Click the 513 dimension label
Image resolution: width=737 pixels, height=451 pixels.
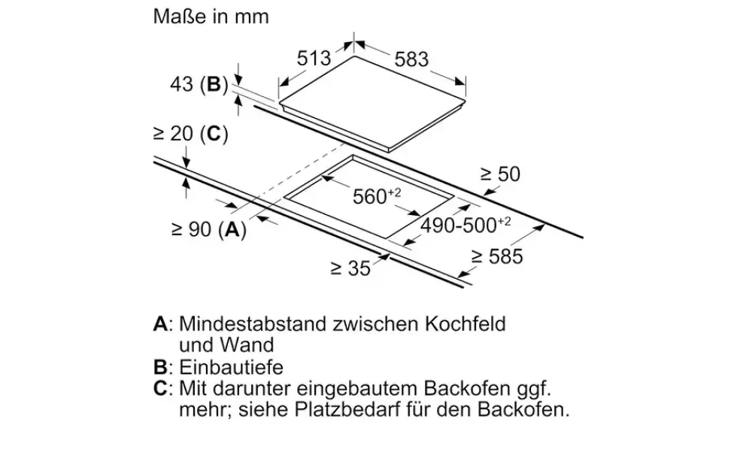pyautogui.click(x=314, y=59)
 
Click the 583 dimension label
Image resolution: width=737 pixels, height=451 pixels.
pyautogui.click(x=412, y=59)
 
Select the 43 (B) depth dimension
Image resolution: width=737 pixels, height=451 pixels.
pyautogui.click(x=199, y=84)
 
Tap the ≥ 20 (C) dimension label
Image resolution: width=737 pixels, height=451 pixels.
pyautogui.click(x=191, y=134)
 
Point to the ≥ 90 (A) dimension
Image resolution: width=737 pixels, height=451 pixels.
pyautogui.click(x=209, y=230)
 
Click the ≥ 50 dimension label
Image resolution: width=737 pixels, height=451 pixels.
pyautogui.click(x=500, y=174)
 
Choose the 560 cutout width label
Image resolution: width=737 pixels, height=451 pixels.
pyautogui.click(x=377, y=196)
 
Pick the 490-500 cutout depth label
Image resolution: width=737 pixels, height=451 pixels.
pyautogui.click(x=466, y=225)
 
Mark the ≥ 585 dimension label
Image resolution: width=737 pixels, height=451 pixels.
pyautogui.click(x=497, y=256)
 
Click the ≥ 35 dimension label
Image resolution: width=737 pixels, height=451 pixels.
pyautogui.click(x=350, y=268)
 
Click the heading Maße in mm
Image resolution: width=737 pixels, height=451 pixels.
pyautogui.click(x=211, y=17)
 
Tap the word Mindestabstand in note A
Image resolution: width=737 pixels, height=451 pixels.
pyautogui.click(x=253, y=324)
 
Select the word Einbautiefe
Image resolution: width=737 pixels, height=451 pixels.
pyautogui.click(x=232, y=368)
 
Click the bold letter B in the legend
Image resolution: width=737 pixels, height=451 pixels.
pyautogui.click(x=160, y=368)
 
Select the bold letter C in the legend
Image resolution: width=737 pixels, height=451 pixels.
pyautogui.click(x=161, y=389)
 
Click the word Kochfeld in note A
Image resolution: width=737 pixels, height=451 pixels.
pyautogui.click(x=466, y=324)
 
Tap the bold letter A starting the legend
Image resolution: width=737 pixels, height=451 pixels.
pyautogui.click(x=161, y=324)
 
